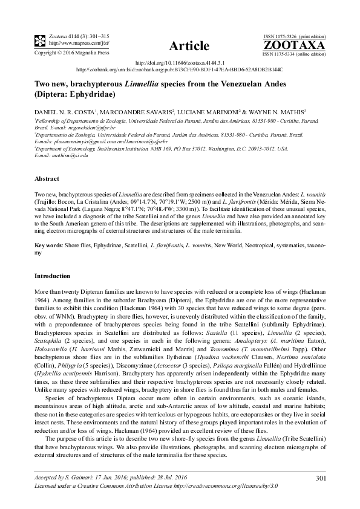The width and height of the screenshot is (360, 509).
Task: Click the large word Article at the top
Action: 189,46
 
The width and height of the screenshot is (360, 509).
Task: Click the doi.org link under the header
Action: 179,62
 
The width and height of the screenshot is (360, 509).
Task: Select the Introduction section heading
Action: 53,276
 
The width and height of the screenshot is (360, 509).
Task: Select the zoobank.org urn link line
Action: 180,69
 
